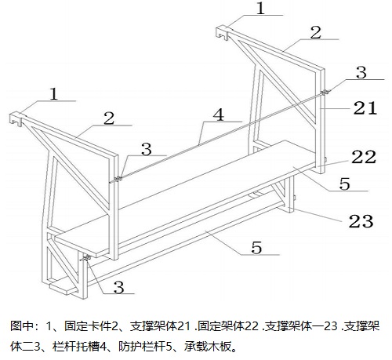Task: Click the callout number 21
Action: [365, 107]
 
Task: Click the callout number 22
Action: [364, 157]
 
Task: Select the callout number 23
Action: [361, 221]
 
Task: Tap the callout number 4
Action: [219, 115]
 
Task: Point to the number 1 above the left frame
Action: [53, 94]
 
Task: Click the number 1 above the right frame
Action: [260, 9]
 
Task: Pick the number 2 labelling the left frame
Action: [109, 118]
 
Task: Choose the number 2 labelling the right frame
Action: [316, 33]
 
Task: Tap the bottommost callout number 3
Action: [118, 287]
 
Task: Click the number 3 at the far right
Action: [361, 72]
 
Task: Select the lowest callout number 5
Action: [256, 248]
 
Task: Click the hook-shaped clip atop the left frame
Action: [16, 119]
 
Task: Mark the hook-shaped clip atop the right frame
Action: [223, 32]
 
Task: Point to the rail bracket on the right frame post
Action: [325, 92]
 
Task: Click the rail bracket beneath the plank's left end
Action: [86, 258]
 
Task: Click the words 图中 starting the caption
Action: [22, 326]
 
